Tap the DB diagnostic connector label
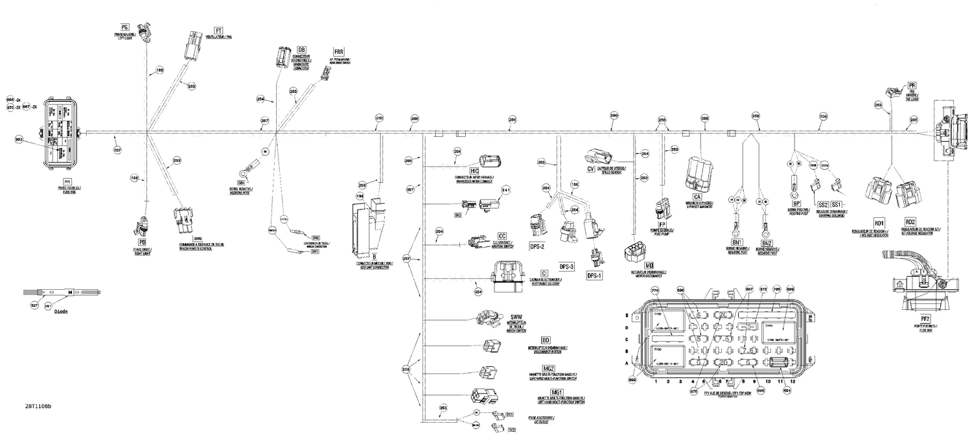click(x=301, y=49)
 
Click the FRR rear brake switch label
click(x=338, y=51)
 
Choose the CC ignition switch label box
click(x=502, y=235)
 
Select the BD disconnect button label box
click(x=546, y=340)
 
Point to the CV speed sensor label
click(x=590, y=169)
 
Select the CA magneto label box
click(x=697, y=196)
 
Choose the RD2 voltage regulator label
click(x=910, y=222)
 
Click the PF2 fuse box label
click(x=925, y=319)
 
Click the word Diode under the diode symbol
click(x=61, y=311)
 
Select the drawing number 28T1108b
click(x=38, y=407)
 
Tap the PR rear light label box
click(x=912, y=85)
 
